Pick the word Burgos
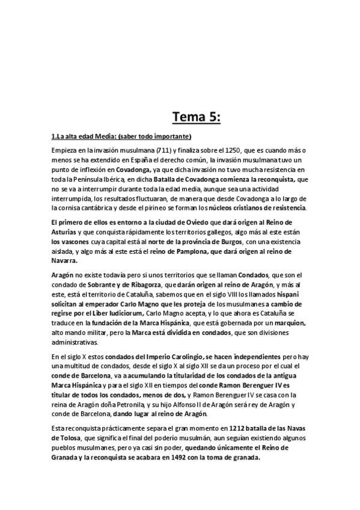(227, 241)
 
